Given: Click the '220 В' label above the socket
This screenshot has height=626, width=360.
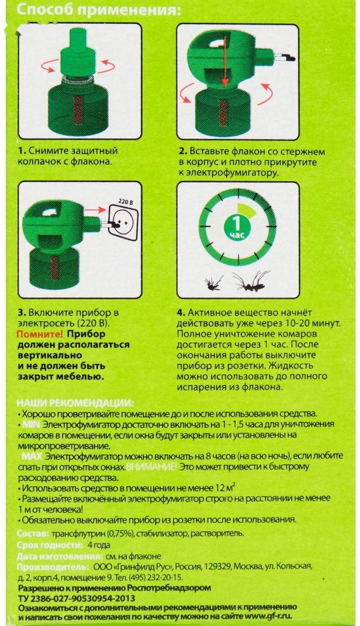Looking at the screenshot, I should click(x=126, y=202).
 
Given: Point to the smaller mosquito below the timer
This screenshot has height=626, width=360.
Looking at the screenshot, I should click(x=214, y=283).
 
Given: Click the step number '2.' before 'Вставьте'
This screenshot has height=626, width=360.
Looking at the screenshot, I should click(x=182, y=151).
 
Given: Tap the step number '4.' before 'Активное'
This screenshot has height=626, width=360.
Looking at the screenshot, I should click(x=180, y=313).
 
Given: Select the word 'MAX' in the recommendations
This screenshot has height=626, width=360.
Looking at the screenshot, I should click(x=32, y=456).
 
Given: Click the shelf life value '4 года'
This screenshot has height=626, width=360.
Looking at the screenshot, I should click(x=99, y=545).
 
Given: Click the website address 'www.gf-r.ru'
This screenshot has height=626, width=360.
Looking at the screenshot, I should click(x=268, y=617).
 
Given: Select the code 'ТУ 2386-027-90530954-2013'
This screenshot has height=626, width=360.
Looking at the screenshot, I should click(x=77, y=598).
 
